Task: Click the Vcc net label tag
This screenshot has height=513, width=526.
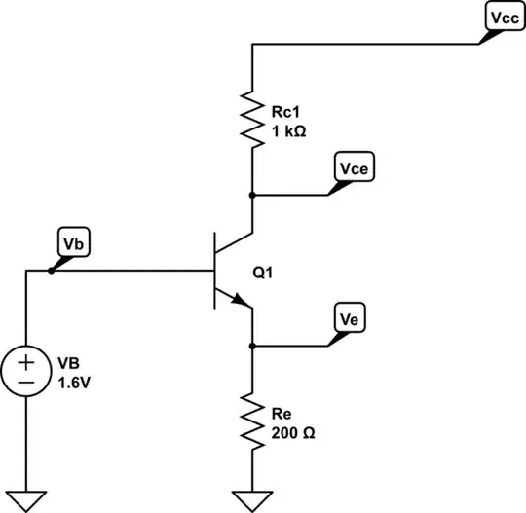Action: click(503, 18)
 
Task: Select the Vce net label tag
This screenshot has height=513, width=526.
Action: click(354, 168)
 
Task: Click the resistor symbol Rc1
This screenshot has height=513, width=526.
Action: click(253, 120)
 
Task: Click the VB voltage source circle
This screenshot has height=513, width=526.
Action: click(25, 372)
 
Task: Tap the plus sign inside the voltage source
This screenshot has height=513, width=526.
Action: click(25, 362)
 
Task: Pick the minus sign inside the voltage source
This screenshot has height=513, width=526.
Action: click(25, 382)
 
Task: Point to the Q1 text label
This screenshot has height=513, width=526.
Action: click(263, 275)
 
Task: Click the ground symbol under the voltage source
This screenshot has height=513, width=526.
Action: click(25, 498)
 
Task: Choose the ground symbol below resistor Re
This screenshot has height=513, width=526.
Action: click(253, 498)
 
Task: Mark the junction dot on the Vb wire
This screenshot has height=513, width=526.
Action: click(51, 270)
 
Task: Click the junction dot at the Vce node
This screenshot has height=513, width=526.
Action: click(253, 194)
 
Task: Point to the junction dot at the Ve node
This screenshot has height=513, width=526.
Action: click(253, 345)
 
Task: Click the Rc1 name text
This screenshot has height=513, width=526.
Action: click(283, 111)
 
